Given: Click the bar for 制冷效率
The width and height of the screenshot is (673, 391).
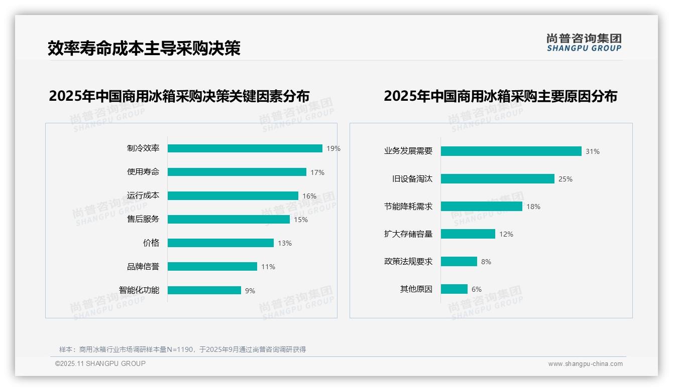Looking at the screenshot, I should tap(245, 148).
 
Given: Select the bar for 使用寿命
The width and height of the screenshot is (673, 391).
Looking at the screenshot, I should tap(237, 172).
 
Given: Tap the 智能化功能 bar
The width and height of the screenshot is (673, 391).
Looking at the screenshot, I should tap(204, 290).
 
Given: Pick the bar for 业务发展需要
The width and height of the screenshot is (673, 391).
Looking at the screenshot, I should tap(511, 151).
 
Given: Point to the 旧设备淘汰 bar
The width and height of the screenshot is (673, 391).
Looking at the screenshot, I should tap(497, 179).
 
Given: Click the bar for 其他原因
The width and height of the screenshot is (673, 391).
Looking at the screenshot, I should tap(454, 289).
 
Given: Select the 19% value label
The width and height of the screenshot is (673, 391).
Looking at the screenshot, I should tap(333, 148).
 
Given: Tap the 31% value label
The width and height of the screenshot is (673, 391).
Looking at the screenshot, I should tap(592, 151).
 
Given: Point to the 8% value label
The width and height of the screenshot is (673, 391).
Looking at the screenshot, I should tap(486, 262).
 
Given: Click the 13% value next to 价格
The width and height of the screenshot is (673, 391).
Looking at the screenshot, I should tap(284, 243).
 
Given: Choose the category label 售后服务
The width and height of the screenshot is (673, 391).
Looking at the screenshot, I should tap(143, 219).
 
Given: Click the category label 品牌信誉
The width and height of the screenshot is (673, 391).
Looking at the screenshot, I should tap(143, 267).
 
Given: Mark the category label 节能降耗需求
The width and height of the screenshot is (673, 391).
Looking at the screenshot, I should tap(408, 207).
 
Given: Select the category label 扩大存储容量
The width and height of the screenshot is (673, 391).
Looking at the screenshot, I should tap(408, 234).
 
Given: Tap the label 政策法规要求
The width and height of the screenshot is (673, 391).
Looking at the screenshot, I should tap(408, 262).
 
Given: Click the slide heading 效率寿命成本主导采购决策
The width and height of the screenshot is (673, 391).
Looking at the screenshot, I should tap(144, 48).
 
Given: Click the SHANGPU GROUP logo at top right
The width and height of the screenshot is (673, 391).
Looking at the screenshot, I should tap(584, 43).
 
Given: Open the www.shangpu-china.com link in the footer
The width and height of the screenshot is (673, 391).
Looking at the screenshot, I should tap(585, 364).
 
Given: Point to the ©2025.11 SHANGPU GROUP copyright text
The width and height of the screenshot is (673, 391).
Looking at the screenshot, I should tap(100, 363).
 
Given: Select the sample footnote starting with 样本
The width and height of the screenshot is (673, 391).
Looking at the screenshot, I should tap(182, 349).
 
